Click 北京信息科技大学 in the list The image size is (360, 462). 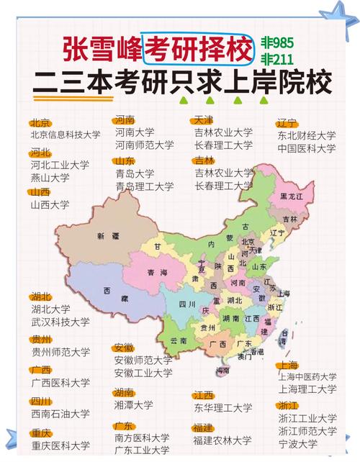65,135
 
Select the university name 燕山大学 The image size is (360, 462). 50,177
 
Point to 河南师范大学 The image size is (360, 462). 144,145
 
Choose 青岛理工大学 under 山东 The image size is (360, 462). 144,186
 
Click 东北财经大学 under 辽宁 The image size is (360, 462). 307,135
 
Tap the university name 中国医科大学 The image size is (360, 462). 307,148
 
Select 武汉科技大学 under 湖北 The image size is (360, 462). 60,322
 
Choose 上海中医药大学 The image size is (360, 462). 307,376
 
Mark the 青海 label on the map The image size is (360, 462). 157,273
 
